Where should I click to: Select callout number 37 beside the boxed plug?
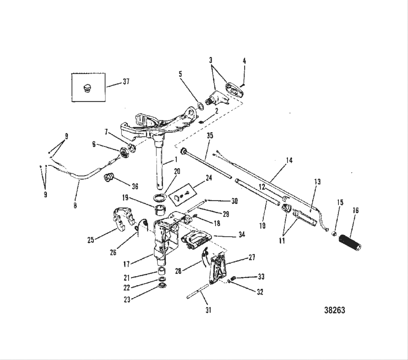coord(126,81)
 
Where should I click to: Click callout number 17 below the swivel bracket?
coord(126,264)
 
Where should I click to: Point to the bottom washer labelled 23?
coord(163,287)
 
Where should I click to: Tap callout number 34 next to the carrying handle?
coord(241,235)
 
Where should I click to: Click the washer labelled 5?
coord(199,106)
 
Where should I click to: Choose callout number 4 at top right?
coord(244,60)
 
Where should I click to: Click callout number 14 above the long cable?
coord(289,160)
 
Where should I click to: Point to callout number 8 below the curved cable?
coord(75,205)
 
